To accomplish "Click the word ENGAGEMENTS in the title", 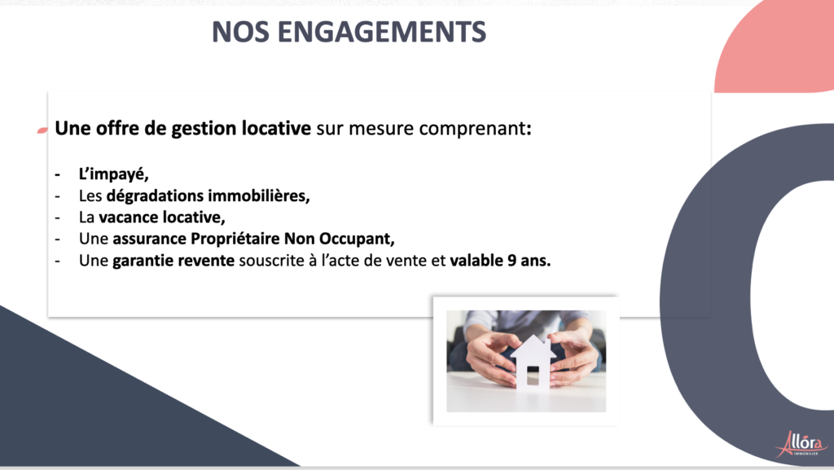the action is pos(381,32).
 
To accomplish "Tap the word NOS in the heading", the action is pos(240,32).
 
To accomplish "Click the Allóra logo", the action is pos(801,444).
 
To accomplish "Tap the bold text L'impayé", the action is pos(114,174).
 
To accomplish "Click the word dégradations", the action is pos(155,195).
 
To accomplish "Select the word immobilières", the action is pos(259,195).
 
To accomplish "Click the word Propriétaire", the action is pos(235,239).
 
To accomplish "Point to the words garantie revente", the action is pos(173,261).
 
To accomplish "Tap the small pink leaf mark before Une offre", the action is pos(42,130).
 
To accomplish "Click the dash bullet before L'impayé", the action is pos(58,174).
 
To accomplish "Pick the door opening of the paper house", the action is pos(533,376).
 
